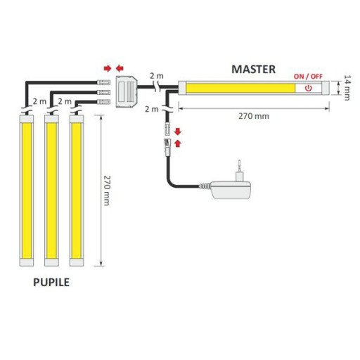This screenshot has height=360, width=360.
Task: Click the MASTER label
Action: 253,70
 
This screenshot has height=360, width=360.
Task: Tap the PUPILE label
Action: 51,282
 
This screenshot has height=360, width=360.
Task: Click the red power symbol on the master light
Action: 309,88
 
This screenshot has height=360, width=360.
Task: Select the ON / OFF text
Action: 308,77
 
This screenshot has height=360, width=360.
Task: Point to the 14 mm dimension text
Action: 347,88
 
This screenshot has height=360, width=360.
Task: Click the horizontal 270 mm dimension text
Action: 254,116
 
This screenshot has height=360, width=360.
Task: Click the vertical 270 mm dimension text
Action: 106,191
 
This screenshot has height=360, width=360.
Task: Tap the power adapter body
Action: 231,190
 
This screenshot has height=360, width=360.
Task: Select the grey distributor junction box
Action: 127,92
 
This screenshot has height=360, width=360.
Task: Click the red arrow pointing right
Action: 108,68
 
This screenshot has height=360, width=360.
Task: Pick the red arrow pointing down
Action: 178,131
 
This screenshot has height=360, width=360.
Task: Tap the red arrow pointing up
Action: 178,143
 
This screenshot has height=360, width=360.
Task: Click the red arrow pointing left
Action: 120,68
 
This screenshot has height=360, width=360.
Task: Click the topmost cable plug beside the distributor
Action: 103,82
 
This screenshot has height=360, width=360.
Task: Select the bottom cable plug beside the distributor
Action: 103,102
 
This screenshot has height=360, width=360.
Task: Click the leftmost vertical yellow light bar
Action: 27,191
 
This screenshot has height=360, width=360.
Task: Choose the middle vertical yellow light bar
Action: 51,191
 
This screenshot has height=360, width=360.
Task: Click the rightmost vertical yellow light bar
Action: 77,191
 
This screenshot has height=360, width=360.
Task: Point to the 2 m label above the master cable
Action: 157,76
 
